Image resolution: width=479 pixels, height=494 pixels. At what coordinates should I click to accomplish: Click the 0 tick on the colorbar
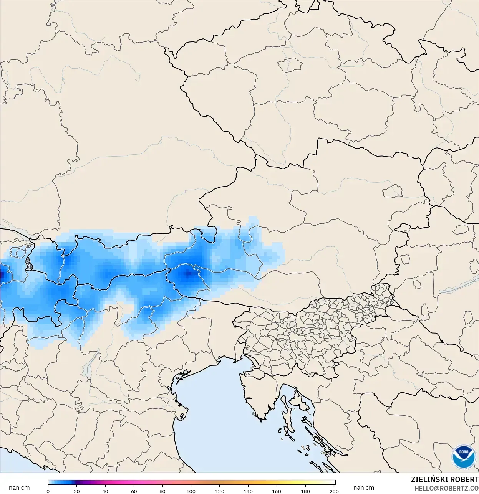(x=48, y=491)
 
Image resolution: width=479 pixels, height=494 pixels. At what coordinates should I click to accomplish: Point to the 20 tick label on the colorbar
(x=77, y=491)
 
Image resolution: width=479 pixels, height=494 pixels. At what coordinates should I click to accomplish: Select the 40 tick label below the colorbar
(x=105, y=491)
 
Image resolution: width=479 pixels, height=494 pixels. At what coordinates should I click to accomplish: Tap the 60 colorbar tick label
(x=134, y=491)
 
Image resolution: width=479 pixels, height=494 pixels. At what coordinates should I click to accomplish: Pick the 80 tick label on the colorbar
(x=162, y=491)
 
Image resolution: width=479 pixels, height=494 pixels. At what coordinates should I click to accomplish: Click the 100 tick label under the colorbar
(x=191, y=491)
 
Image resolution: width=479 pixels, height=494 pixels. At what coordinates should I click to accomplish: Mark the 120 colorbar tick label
(x=220, y=491)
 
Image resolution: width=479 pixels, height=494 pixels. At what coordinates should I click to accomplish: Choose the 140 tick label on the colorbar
(x=248, y=491)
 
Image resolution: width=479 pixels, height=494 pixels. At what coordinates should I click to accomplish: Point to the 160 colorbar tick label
(x=277, y=491)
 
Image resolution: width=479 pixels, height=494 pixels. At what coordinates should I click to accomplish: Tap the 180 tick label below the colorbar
(x=305, y=491)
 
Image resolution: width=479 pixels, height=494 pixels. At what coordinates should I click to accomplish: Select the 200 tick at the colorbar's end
(x=334, y=491)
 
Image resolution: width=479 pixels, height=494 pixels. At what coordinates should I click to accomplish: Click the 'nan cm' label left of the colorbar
(x=19, y=487)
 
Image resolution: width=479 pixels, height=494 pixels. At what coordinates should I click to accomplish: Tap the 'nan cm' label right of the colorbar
(x=364, y=487)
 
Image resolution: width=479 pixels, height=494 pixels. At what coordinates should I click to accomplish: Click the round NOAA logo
(x=463, y=456)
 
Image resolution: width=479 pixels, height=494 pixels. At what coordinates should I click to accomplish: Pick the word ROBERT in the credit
(x=464, y=479)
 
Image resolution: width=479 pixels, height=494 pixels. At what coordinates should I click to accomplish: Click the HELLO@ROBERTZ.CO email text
(x=446, y=488)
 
